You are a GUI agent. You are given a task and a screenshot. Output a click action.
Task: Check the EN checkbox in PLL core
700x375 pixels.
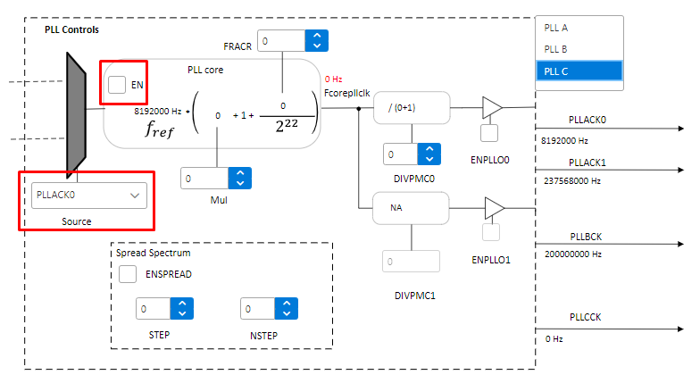pyautogui.click(x=117, y=85)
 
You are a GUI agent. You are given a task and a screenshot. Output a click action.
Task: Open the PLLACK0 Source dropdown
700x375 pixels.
pyautogui.click(x=88, y=195)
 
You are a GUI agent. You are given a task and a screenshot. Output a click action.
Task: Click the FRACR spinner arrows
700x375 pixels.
pyautogui.click(x=316, y=40)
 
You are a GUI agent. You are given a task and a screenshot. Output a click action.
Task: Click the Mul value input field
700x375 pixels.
pyautogui.click(x=204, y=179)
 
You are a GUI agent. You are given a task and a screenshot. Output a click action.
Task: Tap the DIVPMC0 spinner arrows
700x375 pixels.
pyautogui.click(x=429, y=154)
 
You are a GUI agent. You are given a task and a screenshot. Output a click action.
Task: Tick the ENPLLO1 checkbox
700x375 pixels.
pyautogui.click(x=488, y=233)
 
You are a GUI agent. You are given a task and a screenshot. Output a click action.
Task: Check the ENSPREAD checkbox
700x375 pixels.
pyautogui.click(x=128, y=274)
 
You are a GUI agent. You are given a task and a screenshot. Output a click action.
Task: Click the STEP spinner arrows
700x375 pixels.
pyautogui.click(x=181, y=309)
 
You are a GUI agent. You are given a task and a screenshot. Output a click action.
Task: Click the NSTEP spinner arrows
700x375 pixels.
pyautogui.click(x=286, y=309)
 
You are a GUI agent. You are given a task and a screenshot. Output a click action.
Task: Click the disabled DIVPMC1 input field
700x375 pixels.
pyautogui.click(x=412, y=262)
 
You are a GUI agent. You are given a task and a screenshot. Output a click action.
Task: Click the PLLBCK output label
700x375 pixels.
pyautogui.click(x=584, y=236)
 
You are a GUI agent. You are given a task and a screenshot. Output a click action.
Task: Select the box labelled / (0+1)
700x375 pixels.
pyautogui.click(x=411, y=107)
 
